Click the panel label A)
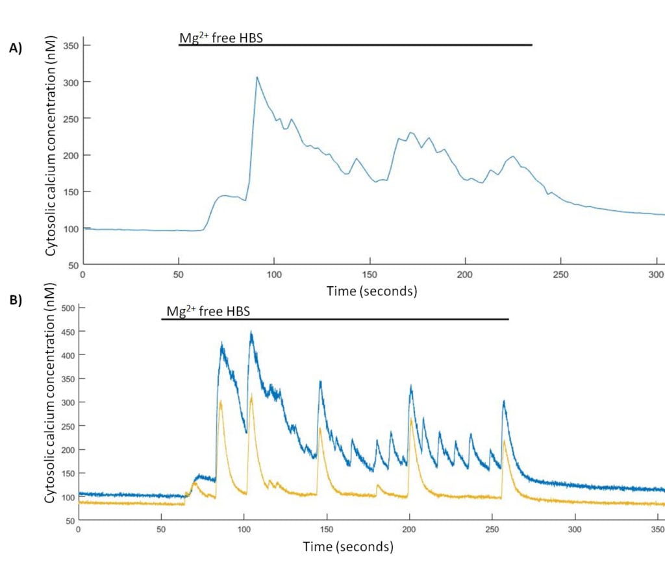click(x=15, y=47)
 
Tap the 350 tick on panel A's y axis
click(x=67, y=45)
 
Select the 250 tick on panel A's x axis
click(x=560, y=274)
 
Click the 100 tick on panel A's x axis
click(x=274, y=274)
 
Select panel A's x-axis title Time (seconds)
click(x=371, y=291)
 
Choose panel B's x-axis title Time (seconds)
click(x=347, y=546)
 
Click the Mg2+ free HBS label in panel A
click(x=221, y=38)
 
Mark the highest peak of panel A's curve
click(x=257, y=77)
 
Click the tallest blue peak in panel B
click(x=251, y=333)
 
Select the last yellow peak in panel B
click(x=504, y=441)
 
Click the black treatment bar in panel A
click(x=355, y=45)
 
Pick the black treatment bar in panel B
click(x=334, y=319)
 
